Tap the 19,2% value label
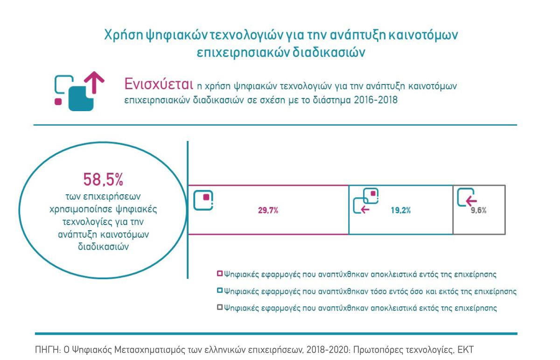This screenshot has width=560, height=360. pos(401,211)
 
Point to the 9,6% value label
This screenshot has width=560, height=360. pos(478,211)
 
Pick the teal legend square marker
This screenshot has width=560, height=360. pos(220,291)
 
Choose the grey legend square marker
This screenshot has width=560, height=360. pos(220,308)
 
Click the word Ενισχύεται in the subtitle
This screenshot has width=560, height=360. pos(159,85)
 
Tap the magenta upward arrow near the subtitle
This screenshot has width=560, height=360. pos(96,81)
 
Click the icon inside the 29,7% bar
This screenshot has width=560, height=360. pos(203,199)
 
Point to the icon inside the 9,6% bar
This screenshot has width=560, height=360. pos(467,198)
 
